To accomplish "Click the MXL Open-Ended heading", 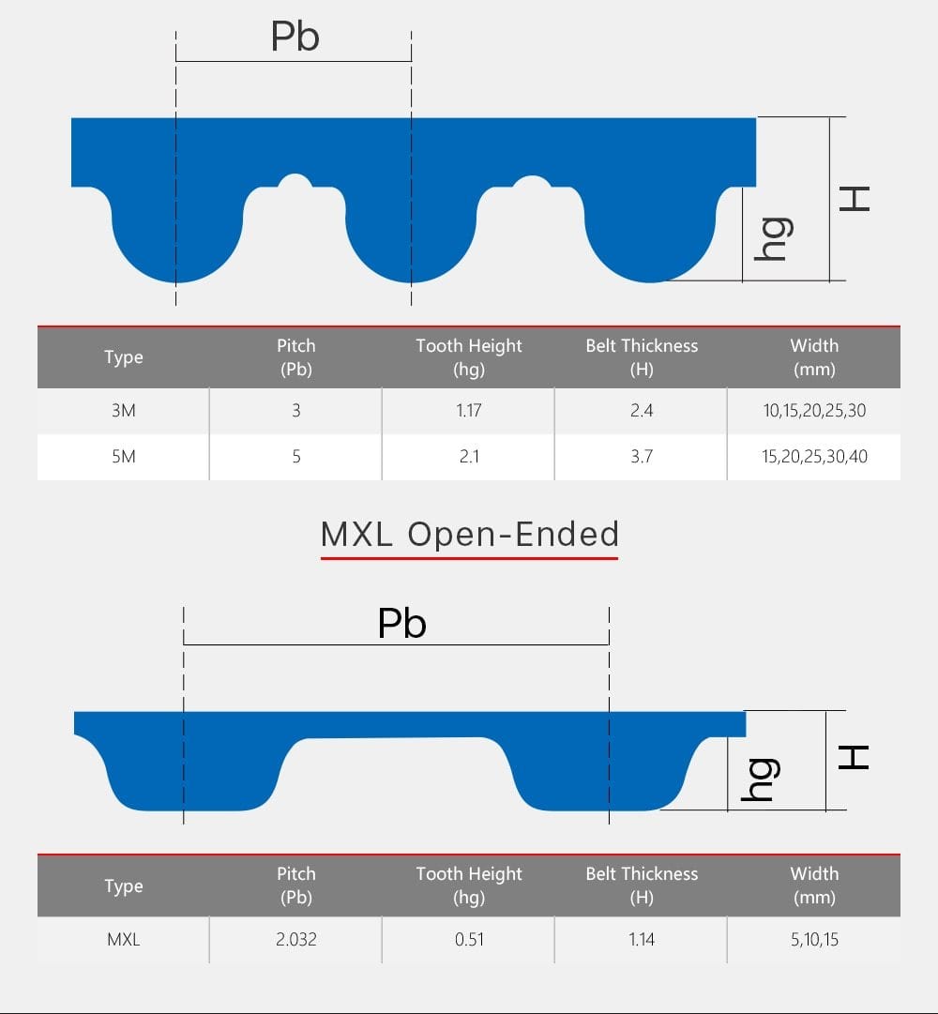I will click(x=469, y=534).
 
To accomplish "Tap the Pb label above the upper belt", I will click(x=295, y=37).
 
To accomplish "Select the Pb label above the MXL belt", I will click(x=401, y=624).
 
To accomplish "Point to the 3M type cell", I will click(x=124, y=411).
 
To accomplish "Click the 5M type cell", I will click(x=124, y=457).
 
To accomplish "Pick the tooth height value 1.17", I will click(x=469, y=411).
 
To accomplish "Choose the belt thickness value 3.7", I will click(x=642, y=457).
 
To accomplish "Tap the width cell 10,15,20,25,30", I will click(x=813, y=411).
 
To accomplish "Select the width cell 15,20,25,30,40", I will click(x=813, y=457).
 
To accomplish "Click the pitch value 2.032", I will click(x=296, y=939).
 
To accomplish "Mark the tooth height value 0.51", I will click(x=469, y=939).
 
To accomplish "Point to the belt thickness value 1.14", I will click(x=642, y=939).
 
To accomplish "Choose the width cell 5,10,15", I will click(x=813, y=939).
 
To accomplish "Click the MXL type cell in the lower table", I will click(x=124, y=939).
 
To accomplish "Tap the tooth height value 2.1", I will click(x=469, y=457).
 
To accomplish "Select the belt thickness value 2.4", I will click(x=642, y=411).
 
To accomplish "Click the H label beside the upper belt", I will click(x=855, y=198).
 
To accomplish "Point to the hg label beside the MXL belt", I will click(x=760, y=779).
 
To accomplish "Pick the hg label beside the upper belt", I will click(x=774, y=239).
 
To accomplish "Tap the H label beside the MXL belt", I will click(x=854, y=757).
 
